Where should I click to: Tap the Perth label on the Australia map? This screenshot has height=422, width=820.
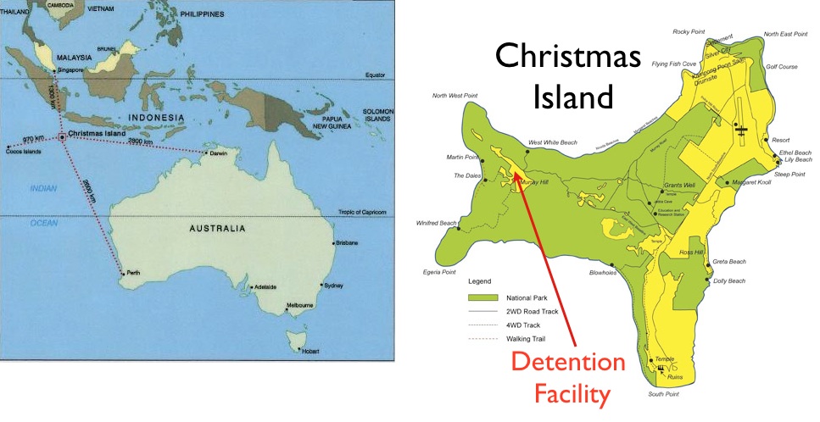[x=133, y=273]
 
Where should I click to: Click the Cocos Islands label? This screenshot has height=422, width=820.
[x=22, y=151]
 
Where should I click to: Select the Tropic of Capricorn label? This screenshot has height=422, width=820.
[x=363, y=212]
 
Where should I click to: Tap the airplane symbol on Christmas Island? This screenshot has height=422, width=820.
[x=740, y=130]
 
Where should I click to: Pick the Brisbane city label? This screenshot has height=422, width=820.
[x=346, y=243]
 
